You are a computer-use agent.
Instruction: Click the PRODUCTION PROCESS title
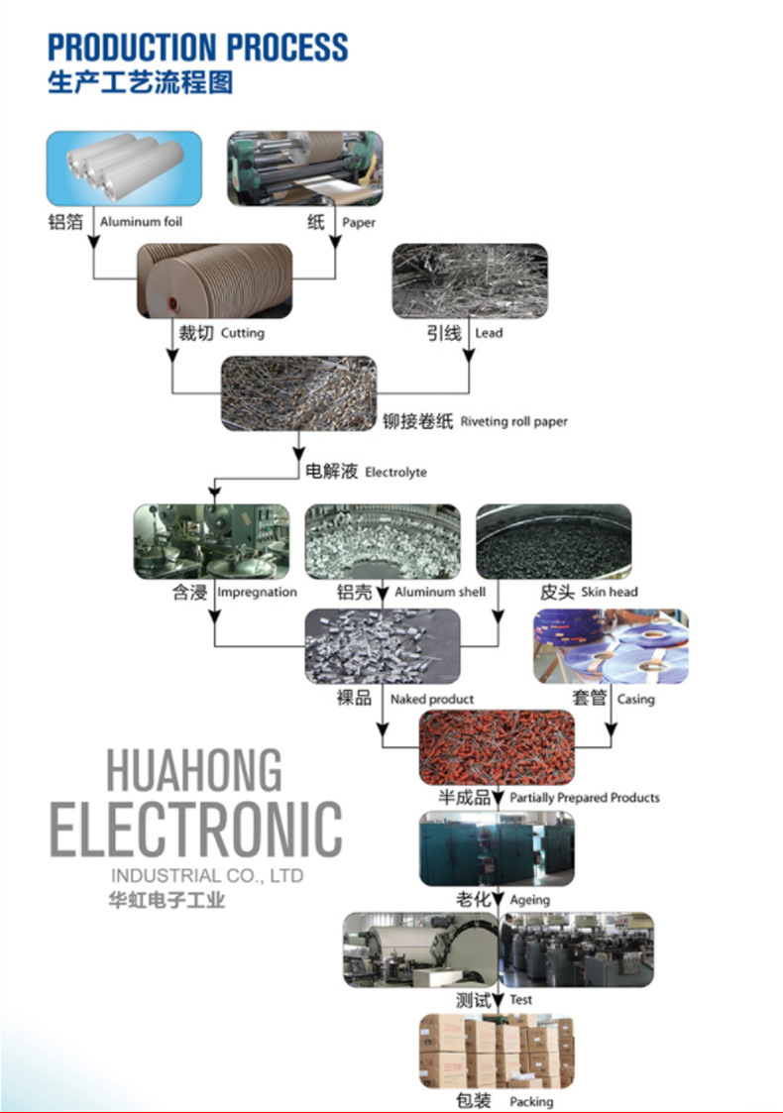coord(198,47)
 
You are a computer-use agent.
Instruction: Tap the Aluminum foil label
coord(142,222)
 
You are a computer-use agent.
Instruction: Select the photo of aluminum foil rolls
coord(124,168)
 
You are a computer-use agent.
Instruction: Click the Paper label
coord(359,223)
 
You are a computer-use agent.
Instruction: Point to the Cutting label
coord(242,333)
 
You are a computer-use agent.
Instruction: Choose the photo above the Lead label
coord(470,281)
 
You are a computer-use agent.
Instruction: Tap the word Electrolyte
coord(395,472)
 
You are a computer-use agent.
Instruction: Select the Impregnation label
coord(257,592)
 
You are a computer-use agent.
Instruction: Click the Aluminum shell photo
coord(382,541)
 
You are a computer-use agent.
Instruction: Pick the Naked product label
coord(432,699)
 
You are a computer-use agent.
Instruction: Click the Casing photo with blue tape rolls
coord(611,646)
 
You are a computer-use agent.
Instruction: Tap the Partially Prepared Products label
coord(585,797)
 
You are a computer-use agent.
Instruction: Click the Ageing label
coord(529,900)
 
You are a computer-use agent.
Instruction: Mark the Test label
coord(520,1000)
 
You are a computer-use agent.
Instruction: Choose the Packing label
coord(531,1101)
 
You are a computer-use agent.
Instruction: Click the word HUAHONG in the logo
coord(194,771)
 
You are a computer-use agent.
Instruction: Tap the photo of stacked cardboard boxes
coord(496,1051)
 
